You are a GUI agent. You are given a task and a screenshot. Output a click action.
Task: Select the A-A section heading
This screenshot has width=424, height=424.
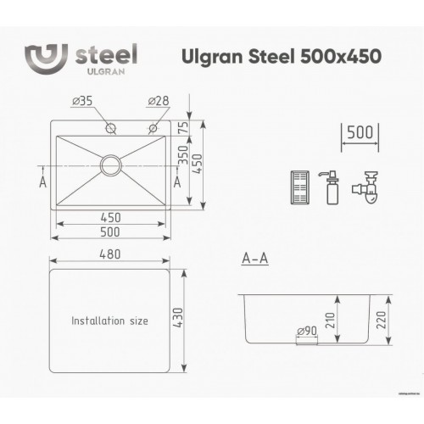pos(255,259)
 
